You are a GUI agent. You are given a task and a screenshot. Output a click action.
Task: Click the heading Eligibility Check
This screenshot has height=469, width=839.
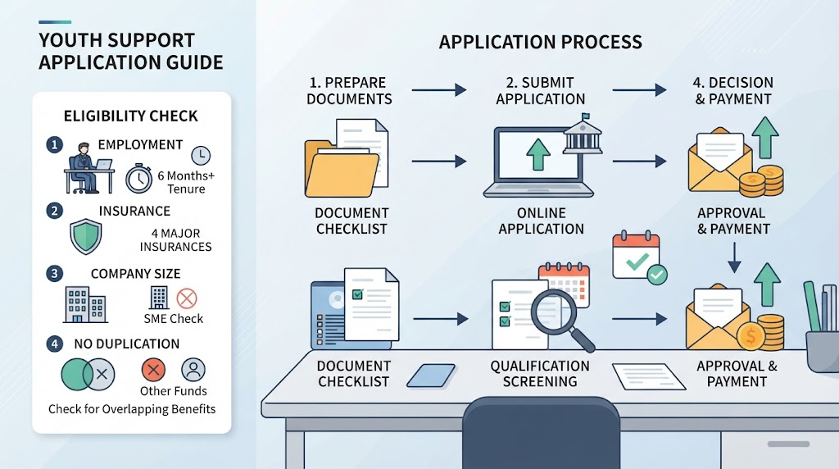130,116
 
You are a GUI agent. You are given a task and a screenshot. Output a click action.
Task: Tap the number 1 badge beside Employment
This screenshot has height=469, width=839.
54,144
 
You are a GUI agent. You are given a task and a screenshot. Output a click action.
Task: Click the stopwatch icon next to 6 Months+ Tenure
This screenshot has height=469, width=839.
138,179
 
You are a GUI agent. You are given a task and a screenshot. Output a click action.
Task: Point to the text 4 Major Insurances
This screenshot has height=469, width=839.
175,240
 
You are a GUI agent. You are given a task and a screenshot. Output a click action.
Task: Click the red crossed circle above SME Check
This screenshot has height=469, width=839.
187,298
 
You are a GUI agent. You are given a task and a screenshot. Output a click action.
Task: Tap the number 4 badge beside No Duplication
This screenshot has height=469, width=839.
54,344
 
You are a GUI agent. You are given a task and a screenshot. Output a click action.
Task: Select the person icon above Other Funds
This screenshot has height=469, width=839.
193,370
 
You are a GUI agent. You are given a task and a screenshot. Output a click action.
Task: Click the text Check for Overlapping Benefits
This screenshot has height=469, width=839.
132,409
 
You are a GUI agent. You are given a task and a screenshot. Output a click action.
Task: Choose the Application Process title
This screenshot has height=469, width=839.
541,42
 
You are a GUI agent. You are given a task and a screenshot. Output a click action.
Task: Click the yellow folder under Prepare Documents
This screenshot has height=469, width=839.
342,168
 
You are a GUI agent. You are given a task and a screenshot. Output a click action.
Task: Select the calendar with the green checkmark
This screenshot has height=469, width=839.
639,258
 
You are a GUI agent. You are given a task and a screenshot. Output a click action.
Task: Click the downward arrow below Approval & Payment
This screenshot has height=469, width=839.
734,257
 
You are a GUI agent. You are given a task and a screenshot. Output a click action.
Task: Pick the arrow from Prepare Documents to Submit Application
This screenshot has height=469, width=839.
439,89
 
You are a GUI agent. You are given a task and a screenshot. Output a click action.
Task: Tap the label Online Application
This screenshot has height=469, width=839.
541,221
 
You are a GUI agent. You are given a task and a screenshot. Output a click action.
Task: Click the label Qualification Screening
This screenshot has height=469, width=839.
540,374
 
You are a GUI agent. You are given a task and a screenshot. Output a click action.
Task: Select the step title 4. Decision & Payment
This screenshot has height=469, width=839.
732,90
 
